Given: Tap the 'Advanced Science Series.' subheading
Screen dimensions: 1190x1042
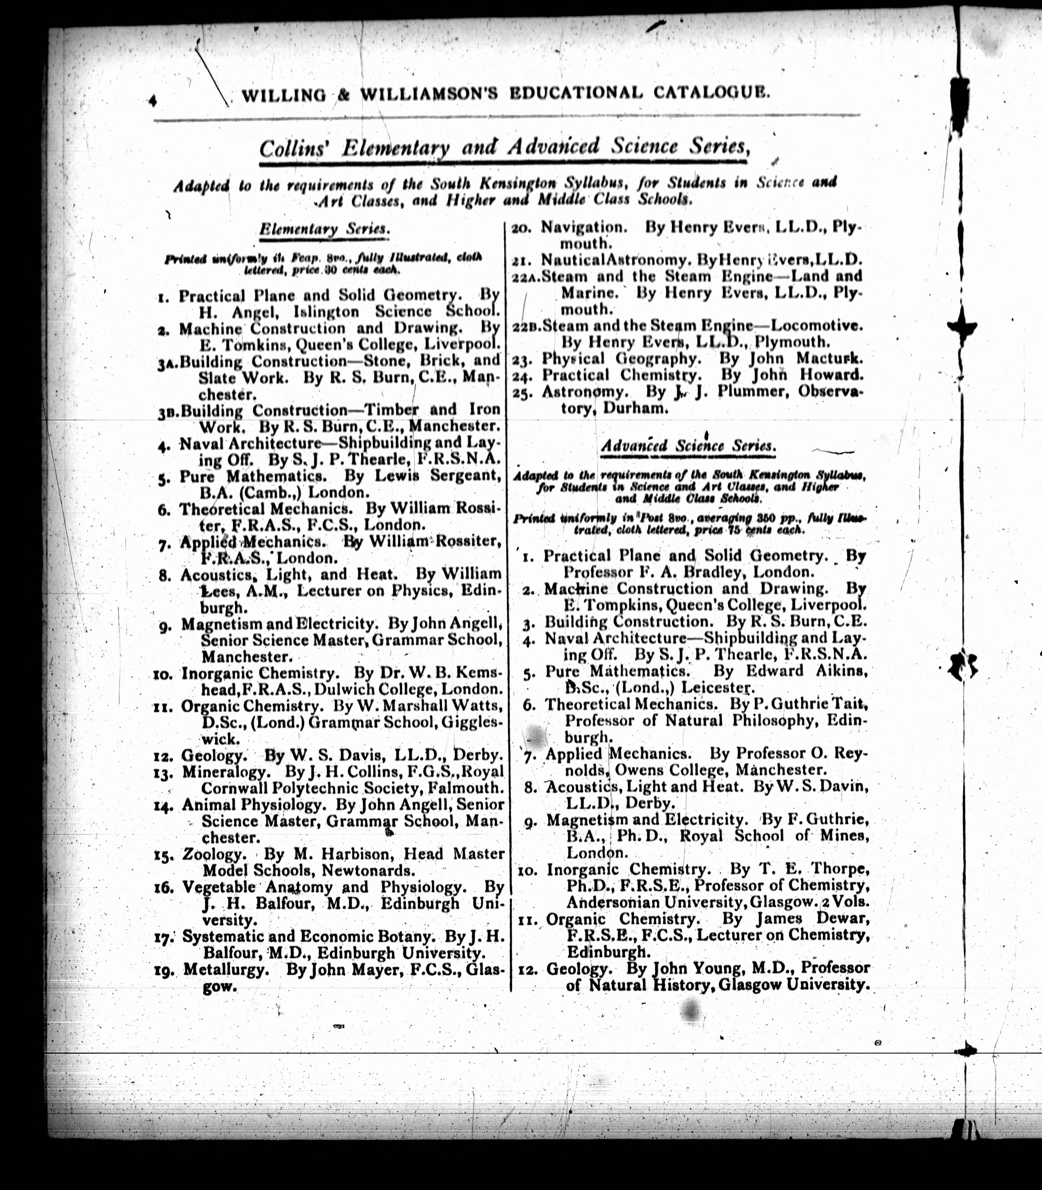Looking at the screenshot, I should pyautogui.click(x=688, y=446).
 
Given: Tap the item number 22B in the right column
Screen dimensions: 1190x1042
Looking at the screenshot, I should pyautogui.click(x=526, y=326).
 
